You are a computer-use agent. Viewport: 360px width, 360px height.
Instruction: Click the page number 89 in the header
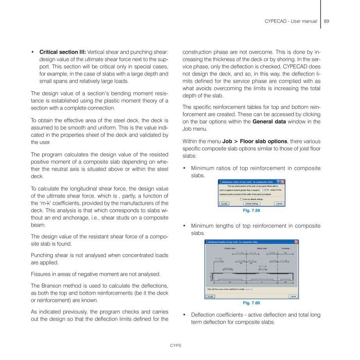point(326,21)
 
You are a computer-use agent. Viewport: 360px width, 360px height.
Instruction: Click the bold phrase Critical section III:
point(63,52)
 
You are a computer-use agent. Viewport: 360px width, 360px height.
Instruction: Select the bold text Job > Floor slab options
point(255,141)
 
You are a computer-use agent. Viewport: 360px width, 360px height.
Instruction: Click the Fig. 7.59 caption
point(251,211)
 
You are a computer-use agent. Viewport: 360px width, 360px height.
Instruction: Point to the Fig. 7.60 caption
point(251,303)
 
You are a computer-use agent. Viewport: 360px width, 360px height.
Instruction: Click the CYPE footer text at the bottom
point(175,346)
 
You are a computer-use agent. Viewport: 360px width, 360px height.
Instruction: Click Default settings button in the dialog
point(252,203)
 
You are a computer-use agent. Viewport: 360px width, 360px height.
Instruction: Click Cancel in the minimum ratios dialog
point(279,203)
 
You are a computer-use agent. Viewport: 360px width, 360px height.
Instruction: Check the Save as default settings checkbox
point(241,199)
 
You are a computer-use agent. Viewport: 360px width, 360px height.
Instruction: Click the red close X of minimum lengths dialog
point(296,242)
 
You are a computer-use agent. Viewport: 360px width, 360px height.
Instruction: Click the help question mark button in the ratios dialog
point(278,182)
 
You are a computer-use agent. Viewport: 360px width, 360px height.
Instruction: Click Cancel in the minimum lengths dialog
point(293,296)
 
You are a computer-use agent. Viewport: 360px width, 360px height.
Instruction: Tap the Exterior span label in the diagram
point(230,248)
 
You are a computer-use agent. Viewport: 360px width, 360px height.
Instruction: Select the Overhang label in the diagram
point(285,248)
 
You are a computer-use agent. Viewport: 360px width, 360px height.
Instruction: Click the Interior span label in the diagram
point(262,248)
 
